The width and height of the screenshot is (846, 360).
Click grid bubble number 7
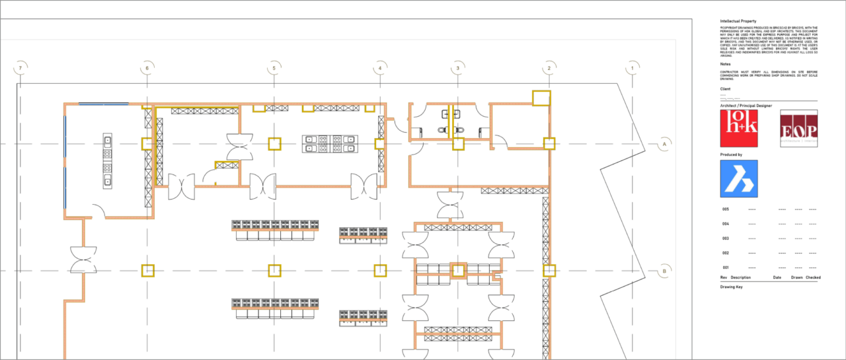21,68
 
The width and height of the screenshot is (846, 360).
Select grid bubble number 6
147,68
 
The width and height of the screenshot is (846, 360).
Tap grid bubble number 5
274,68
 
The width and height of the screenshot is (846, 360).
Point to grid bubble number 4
380,68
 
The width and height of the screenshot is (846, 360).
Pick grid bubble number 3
457,68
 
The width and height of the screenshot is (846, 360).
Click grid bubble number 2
549,68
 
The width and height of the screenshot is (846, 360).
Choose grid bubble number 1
633,68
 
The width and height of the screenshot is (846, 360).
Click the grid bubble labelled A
666,143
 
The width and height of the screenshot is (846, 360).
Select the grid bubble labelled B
666,271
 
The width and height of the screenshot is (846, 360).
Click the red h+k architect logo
738,128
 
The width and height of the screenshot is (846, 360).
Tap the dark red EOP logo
798,128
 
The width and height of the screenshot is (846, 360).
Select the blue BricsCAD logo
738,178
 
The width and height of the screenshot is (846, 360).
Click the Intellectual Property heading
738,21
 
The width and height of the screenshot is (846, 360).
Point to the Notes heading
725,64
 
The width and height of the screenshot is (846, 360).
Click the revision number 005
725,209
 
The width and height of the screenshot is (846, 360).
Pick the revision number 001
725,268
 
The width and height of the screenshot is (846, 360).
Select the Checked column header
813,277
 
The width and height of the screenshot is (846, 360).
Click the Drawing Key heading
732,287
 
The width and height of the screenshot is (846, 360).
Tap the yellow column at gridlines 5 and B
274,270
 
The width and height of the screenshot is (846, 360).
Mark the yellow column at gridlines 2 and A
549,143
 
